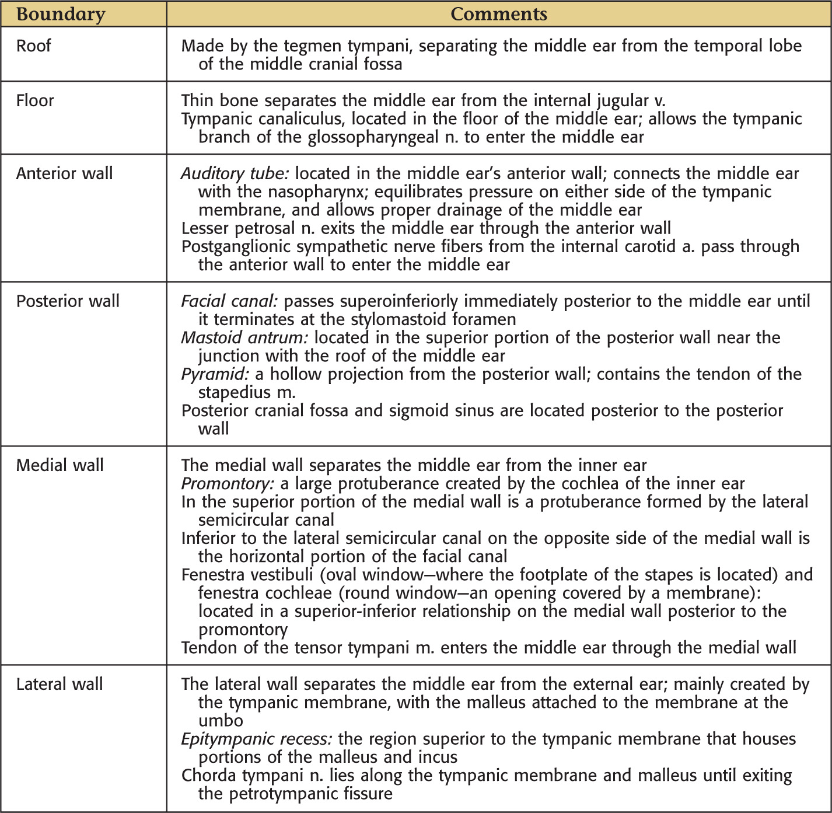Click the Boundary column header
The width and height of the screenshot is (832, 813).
[x=61, y=14]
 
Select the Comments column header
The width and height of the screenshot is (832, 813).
[x=499, y=14]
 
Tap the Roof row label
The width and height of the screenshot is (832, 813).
[x=34, y=46]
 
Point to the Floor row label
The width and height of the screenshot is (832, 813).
[x=35, y=100]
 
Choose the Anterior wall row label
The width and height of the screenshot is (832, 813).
[x=65, y=173]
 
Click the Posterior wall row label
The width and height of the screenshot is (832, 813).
[x=68, y=301]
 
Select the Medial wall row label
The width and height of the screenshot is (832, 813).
[x=60, y=465]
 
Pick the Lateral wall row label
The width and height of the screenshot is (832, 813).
[x=60, y=684]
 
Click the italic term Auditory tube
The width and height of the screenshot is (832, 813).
[x=235, y=173]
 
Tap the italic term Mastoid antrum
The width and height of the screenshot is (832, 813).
[x=244, y=337]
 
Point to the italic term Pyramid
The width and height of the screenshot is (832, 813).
[x=215, y=374]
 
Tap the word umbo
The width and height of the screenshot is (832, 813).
[x=221, y=721]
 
